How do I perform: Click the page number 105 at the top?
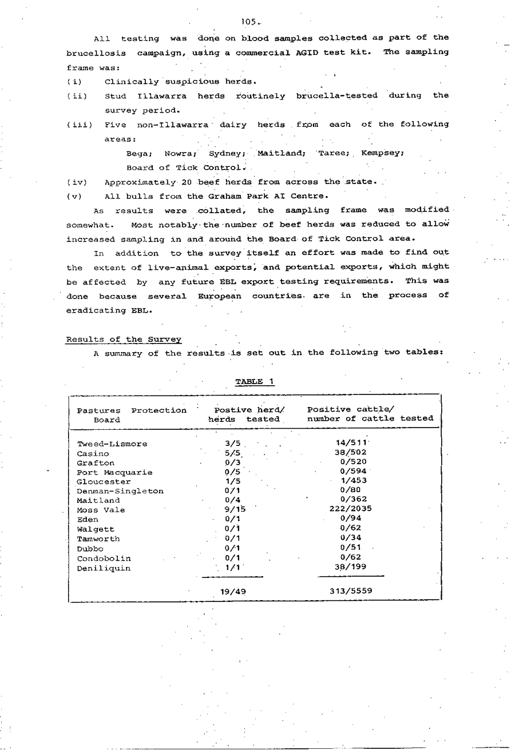(x=248, y=22)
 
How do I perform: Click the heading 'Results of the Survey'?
(x=124, y=339)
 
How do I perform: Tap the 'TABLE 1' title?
(x=255, y=381)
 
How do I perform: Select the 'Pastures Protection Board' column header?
(x=132, y=414)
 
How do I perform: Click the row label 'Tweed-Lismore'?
(x=112, y=444)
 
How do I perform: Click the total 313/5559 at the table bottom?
(x=351, y=591)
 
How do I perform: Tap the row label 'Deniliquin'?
(x=104, y=568)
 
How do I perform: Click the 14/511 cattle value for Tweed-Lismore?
(x=351, y=443)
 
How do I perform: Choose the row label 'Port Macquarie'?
(x=114, y=472)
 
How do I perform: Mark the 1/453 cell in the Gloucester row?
(x=354, y=481)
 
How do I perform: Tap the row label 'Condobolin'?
(x=104, y=558)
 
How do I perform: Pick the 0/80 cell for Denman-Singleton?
(x=350, y=490)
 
